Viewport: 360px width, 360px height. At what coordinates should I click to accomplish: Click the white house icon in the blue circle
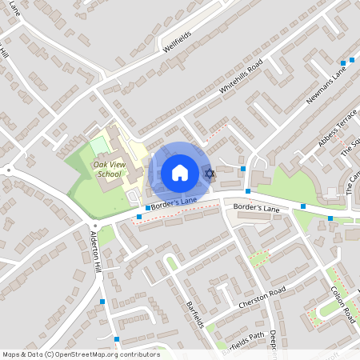179,172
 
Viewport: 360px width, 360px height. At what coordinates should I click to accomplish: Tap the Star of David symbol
210,173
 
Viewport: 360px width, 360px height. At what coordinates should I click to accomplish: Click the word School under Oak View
109,174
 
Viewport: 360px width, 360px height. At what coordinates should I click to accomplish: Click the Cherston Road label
261,298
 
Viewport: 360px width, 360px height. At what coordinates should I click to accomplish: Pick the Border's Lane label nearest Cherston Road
256,208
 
